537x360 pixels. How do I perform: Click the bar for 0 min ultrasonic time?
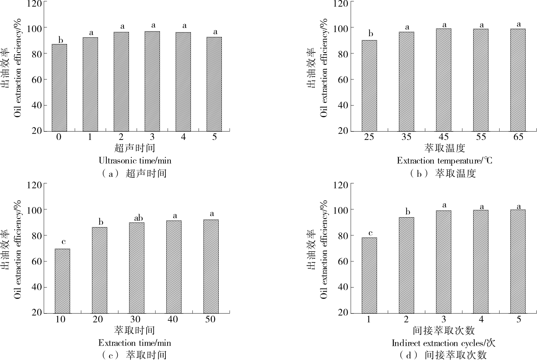pyautogui.click(x=59, y=88)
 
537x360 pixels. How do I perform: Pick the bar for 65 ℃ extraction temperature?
pyautogui.click(x=518, y=80)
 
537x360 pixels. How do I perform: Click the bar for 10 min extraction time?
pyautogui.click(x=62, y=281)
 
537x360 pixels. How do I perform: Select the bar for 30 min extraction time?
pyautogui.click(x=137, y=268)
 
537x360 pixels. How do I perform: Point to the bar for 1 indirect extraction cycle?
pyautogui.click(x=369, y=275)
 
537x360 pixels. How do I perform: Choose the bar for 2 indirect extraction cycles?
pyautogui.click(x=406, y=265)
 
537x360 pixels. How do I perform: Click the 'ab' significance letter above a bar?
pyautogui.click(x=138, y=218)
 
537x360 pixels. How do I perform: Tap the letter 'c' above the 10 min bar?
pyautogui.click(x=63, y=241)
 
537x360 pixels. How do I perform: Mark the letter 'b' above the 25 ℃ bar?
pyautogui.click(x=371, y=34)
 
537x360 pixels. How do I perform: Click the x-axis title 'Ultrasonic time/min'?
pyautogui.click(x=135, y=161)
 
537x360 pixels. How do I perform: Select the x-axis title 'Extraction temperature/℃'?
pyautogui.click(x=444, y=161)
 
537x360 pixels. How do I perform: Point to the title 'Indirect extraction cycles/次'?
pyautogui.click(x=444, y=343)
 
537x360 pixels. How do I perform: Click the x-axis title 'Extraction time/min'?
pyautogui.click(x=135, y=343)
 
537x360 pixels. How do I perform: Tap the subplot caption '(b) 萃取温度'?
pyautogui.click(x=443, y=173)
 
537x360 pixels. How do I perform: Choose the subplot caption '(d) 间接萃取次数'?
pyautogui.click(x=443, y=355)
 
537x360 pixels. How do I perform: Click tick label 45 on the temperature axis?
pyautogui.click(x=444, y=137)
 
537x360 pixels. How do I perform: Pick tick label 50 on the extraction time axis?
pyautogui.click(x=210, y=319)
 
